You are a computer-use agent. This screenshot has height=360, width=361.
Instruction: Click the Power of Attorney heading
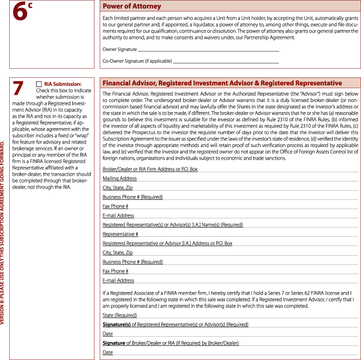(132, 6)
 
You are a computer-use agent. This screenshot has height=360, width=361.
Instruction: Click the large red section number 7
(18, 89)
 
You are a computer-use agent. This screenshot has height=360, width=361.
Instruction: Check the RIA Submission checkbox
(39, 84)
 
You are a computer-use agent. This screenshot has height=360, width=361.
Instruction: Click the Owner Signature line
(208, 50)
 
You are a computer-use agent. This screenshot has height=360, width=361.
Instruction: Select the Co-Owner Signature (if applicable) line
(226, 62)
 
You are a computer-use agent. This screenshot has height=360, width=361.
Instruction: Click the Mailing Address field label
(120, 179)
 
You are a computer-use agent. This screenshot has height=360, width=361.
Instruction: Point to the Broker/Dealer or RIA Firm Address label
(150, 169)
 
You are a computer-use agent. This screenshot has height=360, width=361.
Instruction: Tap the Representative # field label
(121, 234)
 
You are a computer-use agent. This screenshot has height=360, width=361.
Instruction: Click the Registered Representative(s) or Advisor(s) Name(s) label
(173, 225)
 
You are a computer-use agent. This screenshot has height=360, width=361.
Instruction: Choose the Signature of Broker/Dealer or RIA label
(171, 343)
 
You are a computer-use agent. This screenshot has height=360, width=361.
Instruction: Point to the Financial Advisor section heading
(222, 83)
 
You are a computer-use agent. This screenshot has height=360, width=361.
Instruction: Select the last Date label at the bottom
(108, 352)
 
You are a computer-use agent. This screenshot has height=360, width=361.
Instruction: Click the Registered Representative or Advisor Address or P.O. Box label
(167, 243)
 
